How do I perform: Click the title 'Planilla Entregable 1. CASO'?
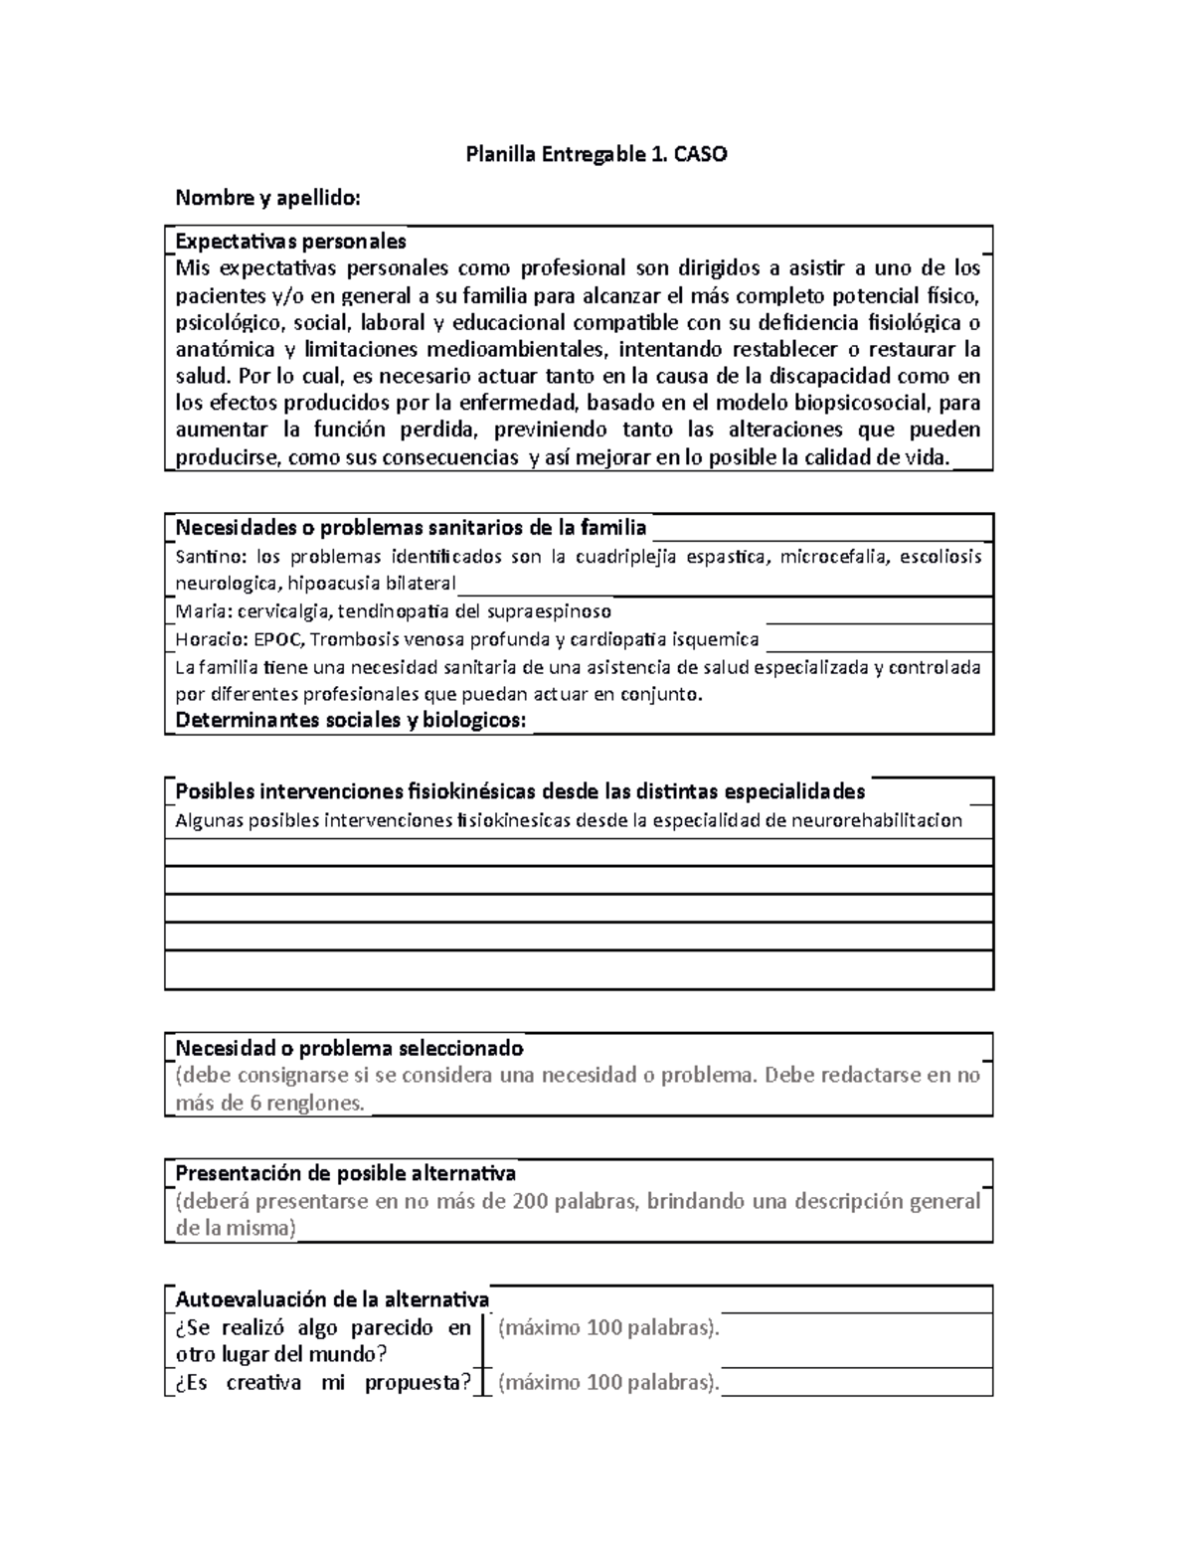tap(596, 154)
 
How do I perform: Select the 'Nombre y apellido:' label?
tap(267, 198)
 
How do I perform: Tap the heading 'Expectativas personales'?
tap(290, 241)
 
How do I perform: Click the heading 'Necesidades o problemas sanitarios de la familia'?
tap(411, 527)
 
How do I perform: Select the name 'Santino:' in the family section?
tap(210, 556)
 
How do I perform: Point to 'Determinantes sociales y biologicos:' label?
tap(350, 721)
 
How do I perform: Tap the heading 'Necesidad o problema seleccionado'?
tap(349, 1048)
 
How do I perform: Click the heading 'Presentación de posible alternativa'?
tap(345, 1173)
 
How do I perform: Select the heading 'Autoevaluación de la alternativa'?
tap(332, 1299)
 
